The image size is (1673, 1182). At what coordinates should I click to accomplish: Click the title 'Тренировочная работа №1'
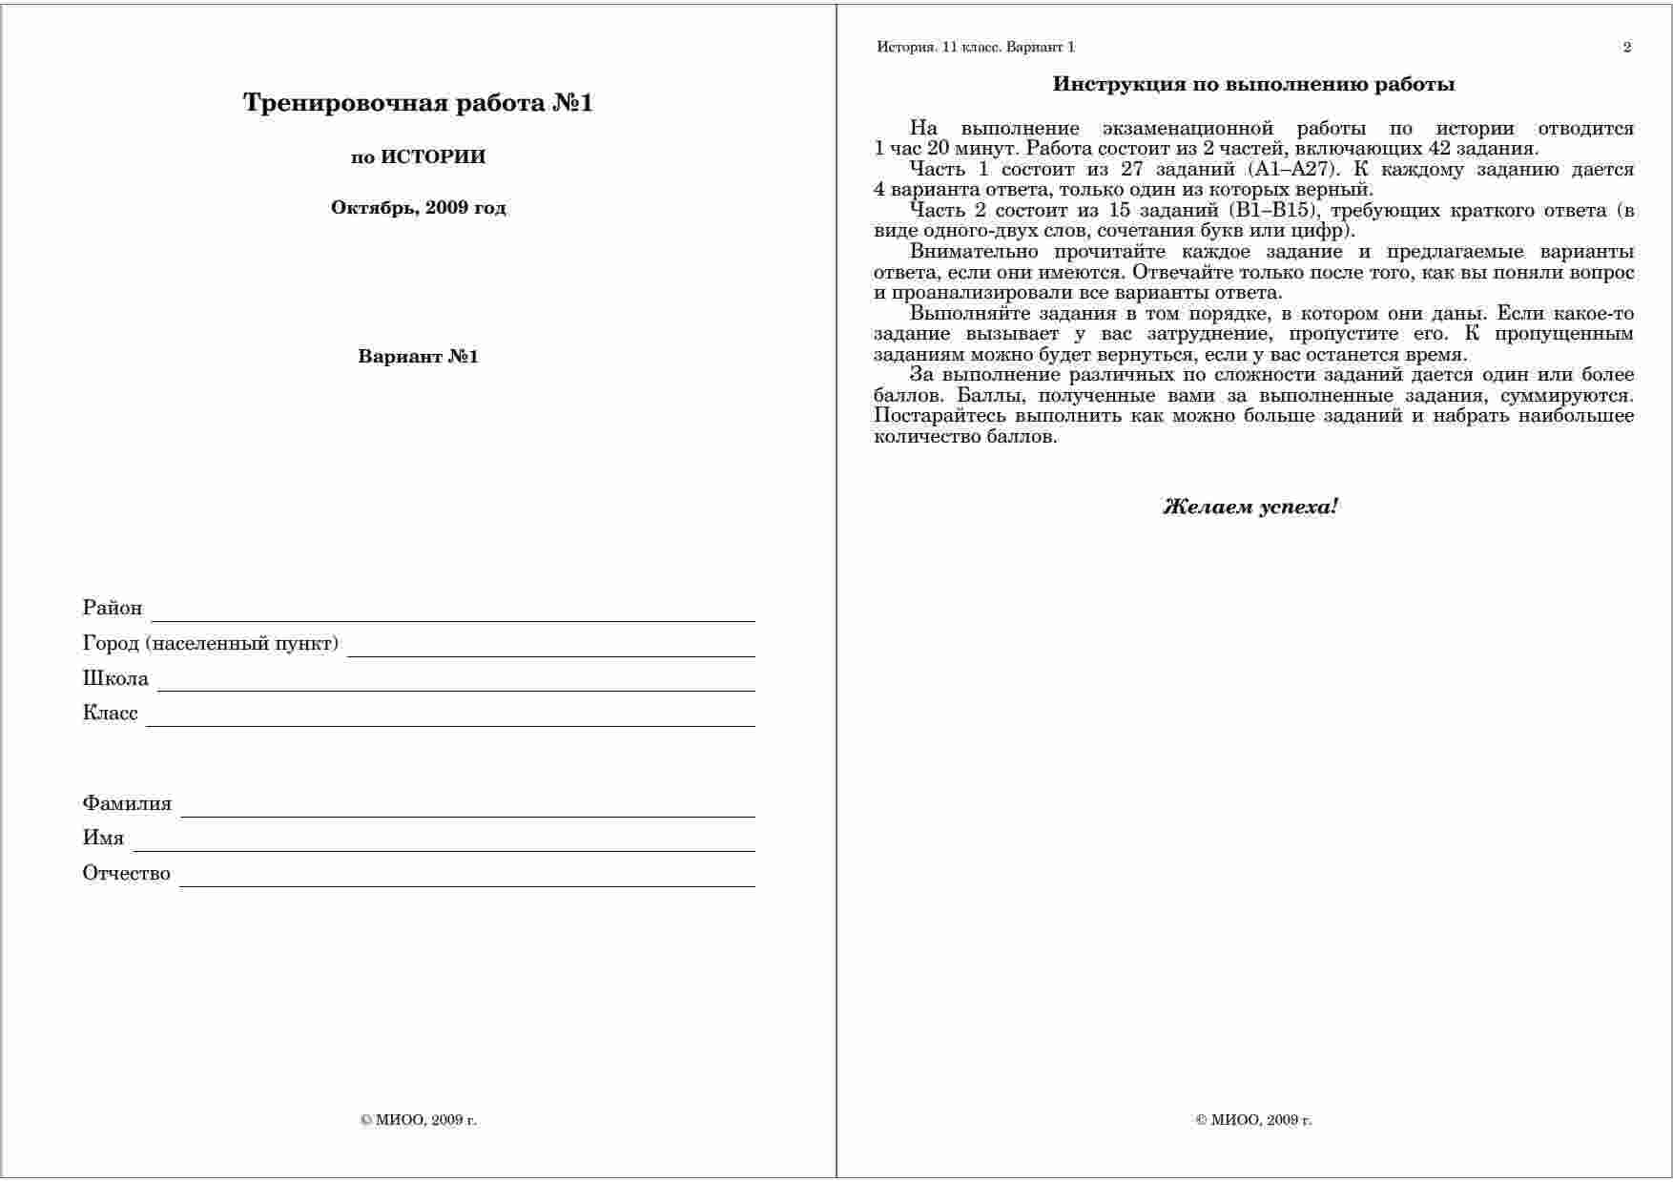tap(418, 103)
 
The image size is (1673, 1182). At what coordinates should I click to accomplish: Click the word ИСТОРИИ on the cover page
tap(433, 157)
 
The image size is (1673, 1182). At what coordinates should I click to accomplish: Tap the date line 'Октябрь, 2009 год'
tap(418, 208)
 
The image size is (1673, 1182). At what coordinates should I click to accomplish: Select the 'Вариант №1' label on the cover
tap(418, 357)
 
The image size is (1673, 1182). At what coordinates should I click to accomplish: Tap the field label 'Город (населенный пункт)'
tap(211, 644)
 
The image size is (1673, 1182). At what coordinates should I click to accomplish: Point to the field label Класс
tap(111, 714)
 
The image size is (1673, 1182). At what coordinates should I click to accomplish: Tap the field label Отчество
tap(127, 874)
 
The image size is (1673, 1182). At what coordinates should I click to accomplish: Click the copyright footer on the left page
tap(418, 1120)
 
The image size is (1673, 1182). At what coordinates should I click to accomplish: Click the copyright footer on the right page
tap(1253, 1120)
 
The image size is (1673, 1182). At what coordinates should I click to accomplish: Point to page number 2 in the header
tap(1627, 48)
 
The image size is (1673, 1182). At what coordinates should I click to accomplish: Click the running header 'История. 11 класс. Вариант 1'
tap(976, 48)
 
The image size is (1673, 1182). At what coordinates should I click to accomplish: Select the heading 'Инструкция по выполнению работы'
tap(1253, 85)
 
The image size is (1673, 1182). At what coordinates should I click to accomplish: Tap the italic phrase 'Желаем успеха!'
tap(1250, 508)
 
